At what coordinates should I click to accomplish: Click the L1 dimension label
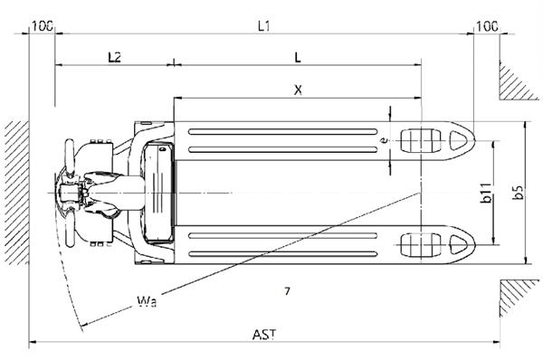[264, 26]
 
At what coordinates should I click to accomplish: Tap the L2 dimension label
[114, 57]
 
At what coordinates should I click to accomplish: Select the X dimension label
[298, 90]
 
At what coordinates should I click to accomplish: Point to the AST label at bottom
[264, 335]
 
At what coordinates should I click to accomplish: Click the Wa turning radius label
[147, 301]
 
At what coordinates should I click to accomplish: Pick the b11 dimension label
[487, 193]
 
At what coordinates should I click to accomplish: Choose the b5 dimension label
[518, 193]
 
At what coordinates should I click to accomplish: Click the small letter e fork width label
[384, 140]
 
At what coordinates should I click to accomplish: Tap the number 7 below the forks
[287, 291]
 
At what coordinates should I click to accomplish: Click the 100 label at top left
[43, 26]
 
